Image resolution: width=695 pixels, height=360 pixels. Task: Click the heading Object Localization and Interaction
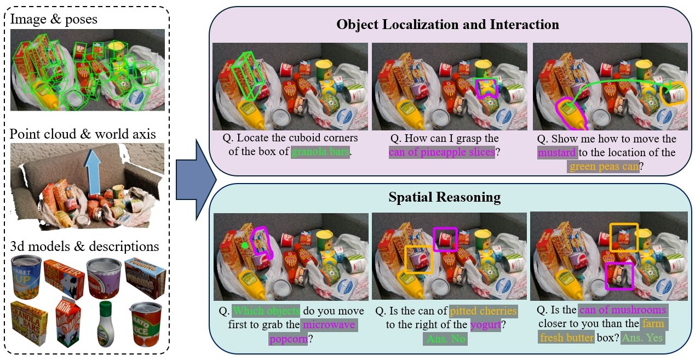[447, 25]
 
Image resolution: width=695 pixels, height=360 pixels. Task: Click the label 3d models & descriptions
[84, 245]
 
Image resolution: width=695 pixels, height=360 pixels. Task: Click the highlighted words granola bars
[320, 151]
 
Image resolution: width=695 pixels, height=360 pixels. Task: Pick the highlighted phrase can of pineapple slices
[442, 152]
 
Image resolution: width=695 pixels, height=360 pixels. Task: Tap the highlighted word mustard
[556, 152]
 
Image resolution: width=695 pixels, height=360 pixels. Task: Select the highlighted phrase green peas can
[603, 165]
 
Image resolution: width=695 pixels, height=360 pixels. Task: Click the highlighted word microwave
[329, 325]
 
